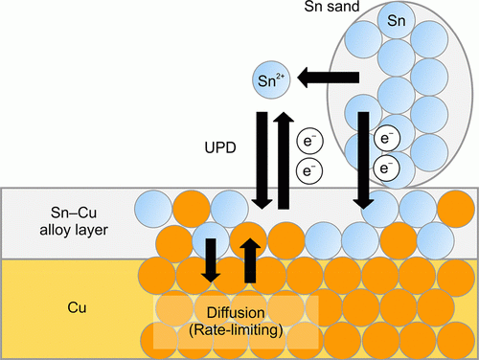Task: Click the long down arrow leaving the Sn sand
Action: coord(364,158)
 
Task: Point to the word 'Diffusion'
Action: coord(237,312)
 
